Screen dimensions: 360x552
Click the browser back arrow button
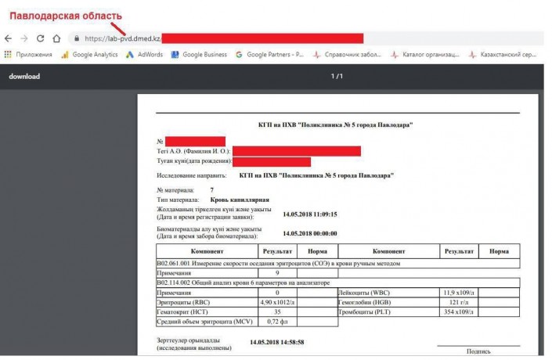[x=9, y=38]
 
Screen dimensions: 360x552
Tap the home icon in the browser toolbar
[x=56, y=38]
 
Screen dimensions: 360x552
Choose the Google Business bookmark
[x=199, y=55]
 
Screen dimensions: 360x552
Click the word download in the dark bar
[x=24, y=76]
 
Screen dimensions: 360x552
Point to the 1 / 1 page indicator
[x=337, y=76]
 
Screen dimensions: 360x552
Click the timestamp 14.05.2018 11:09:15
[x=310, y=214]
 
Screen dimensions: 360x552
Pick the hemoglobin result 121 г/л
[x=459, y=301]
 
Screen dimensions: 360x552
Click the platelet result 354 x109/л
[x=459, y=311]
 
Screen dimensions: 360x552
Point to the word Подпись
[x=478, y=352]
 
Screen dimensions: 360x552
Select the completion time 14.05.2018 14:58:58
[x=276, y=343]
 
